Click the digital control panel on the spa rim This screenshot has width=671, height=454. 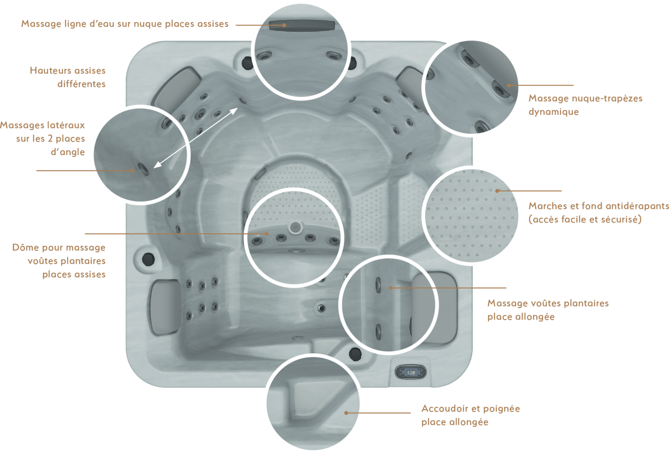click(x=411, y=372)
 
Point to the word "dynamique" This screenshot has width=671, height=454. click(x=553, y=112)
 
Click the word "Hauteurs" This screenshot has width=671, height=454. click(x=51, y=71)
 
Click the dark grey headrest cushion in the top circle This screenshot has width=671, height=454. click(x=302, y=26)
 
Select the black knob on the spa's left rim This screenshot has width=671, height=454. click(x=148, y=259)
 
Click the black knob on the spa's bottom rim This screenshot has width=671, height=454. click(x=355, y=354)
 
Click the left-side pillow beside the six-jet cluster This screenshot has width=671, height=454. click(x=166, y=307)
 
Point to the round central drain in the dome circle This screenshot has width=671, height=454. click(x=295, y=227)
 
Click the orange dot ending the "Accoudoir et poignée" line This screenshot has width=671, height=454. click(x=346, y=413)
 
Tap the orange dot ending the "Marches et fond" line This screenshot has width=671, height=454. click(x=497, y=191)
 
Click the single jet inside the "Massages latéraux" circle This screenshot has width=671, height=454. click(x=143, y=169)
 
